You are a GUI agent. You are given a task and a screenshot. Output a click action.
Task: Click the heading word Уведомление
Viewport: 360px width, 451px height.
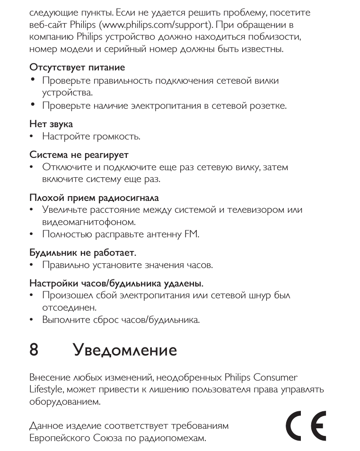coord(125,351)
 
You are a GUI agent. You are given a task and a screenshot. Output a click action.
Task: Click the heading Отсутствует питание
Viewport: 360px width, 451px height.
coord(77,68)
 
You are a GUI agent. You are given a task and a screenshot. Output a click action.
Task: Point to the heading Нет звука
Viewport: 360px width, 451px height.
coord(51,124)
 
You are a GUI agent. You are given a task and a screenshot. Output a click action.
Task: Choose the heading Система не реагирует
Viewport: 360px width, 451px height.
coord(79,155)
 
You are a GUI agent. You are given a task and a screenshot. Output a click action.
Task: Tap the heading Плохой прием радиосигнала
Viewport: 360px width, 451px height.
coord(94,197)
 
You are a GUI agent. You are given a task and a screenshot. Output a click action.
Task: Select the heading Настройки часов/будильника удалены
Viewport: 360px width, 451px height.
coord(117,284)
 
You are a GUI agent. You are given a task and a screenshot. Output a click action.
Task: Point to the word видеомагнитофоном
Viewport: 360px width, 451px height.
coord(89,222)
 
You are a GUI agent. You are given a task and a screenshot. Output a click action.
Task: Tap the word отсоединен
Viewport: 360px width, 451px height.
coord(62,308)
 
